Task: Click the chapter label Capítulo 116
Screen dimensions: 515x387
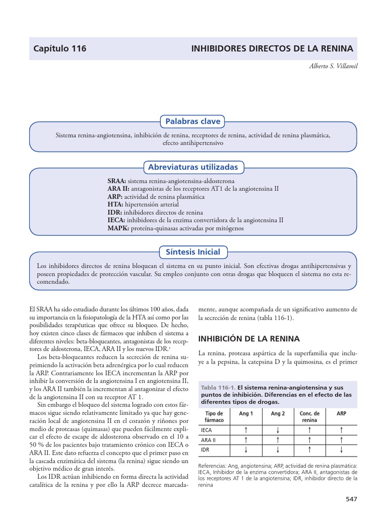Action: (x=60, y=49)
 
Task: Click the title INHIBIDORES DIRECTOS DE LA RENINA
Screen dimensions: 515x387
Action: (x=272, y=49)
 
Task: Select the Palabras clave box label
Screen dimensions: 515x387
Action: (x=193, y=121)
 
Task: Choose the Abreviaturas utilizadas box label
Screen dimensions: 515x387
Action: (x=193, y=167)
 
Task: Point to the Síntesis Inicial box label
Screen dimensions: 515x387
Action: (x=193, y=251)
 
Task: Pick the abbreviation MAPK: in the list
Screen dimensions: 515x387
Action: (x=118, y=228)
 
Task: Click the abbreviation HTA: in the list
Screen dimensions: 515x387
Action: (x=115, y=204)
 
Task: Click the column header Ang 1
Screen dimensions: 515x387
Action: (x=245, y=413)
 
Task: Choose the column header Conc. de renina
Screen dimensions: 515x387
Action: (x=309, y=416)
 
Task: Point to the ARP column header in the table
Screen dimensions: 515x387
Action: (x=341, y=413)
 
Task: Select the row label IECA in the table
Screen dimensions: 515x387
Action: (x=206, y=431)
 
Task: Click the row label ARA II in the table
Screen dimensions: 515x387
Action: (x=208, y=440)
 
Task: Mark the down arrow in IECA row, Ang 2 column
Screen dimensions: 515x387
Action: (x=278, y=430)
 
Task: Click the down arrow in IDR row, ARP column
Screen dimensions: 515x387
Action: (x=341, y=449)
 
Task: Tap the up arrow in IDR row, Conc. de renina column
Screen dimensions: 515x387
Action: (x=309, y=449)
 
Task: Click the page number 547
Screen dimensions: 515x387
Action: (x=351, y=499)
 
